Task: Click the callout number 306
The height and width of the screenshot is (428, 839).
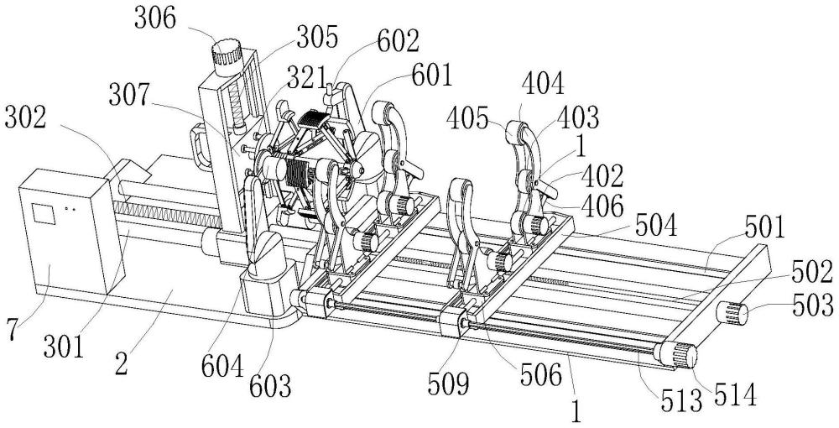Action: pos(154,19)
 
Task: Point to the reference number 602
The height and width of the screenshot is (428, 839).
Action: pos(398,42)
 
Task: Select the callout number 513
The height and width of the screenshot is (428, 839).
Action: pos(680,402)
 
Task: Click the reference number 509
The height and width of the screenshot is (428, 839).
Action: pos(448,384)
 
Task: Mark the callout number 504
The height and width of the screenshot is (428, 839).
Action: pos(656,226)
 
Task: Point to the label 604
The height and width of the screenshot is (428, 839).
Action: pos(222,368)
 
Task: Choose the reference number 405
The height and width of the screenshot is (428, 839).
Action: pos(467,119)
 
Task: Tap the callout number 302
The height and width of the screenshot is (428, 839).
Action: pos(26,118)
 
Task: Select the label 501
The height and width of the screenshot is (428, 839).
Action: pos(763,227)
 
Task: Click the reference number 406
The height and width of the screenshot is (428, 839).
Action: pos(602,206)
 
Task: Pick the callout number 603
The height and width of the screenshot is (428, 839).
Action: pos(271,387)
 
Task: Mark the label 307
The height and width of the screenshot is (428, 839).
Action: pos(129,97)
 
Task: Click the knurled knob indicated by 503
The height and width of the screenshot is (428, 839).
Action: pos(732,313)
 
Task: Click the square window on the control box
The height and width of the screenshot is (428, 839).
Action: pos(44,213)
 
